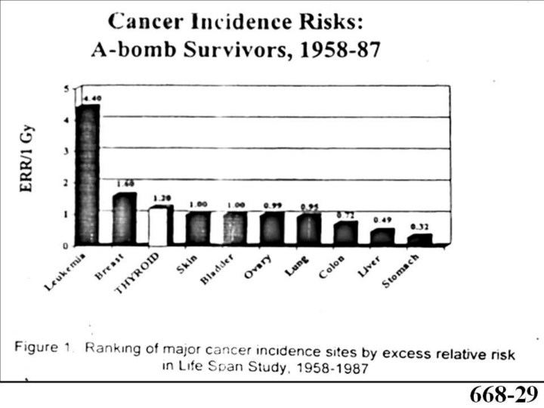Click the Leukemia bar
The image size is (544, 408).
[x=88, y=175]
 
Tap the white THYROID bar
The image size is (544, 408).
[x=161, y=225]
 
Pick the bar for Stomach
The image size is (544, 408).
[x=419, y=240]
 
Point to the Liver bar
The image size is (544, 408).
[x=382, y=236]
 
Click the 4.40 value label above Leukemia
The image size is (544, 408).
[x=89, y=98]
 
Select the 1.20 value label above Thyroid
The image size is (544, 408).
[x=162, y=199]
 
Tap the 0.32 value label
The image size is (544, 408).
[x=419, y=227]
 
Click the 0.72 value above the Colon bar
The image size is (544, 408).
[x=346, y=215]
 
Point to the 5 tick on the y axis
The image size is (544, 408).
[x=66, y=88]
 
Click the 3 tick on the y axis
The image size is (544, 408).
[x=66, y=151]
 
